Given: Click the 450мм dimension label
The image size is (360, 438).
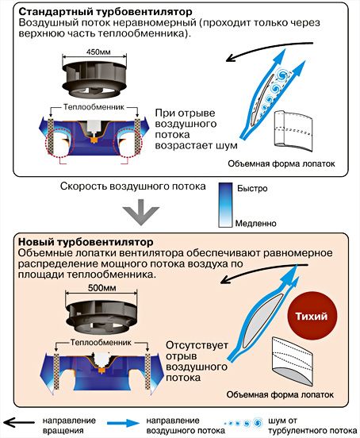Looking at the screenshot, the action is (98, 52).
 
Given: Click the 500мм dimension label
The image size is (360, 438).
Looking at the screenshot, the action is (101, 288).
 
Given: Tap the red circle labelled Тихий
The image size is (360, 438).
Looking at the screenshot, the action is (312, 316).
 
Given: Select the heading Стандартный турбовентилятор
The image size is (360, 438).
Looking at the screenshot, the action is (105, 12).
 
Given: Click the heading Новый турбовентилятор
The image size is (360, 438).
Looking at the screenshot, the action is (86, 242).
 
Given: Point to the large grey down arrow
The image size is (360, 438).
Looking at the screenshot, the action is (141, 212).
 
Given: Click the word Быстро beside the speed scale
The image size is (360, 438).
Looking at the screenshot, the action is (252, 188).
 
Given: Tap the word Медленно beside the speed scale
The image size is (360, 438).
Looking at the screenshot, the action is (255, 223).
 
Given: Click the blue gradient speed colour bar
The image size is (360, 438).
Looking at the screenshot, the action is (225, 205).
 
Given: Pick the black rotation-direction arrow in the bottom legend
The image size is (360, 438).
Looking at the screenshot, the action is (19, 423).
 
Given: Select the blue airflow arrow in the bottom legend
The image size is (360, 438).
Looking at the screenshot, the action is (123, 423).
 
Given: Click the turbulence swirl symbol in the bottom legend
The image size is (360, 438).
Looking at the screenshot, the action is (244, 423).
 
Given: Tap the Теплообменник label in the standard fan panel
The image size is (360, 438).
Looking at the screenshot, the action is (94, 107).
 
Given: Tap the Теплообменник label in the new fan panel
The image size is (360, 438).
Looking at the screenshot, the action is (101, 343).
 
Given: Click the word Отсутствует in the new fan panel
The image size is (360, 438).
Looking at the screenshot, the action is (197, 345).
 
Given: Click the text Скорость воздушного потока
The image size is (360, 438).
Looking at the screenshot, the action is (133, 186).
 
